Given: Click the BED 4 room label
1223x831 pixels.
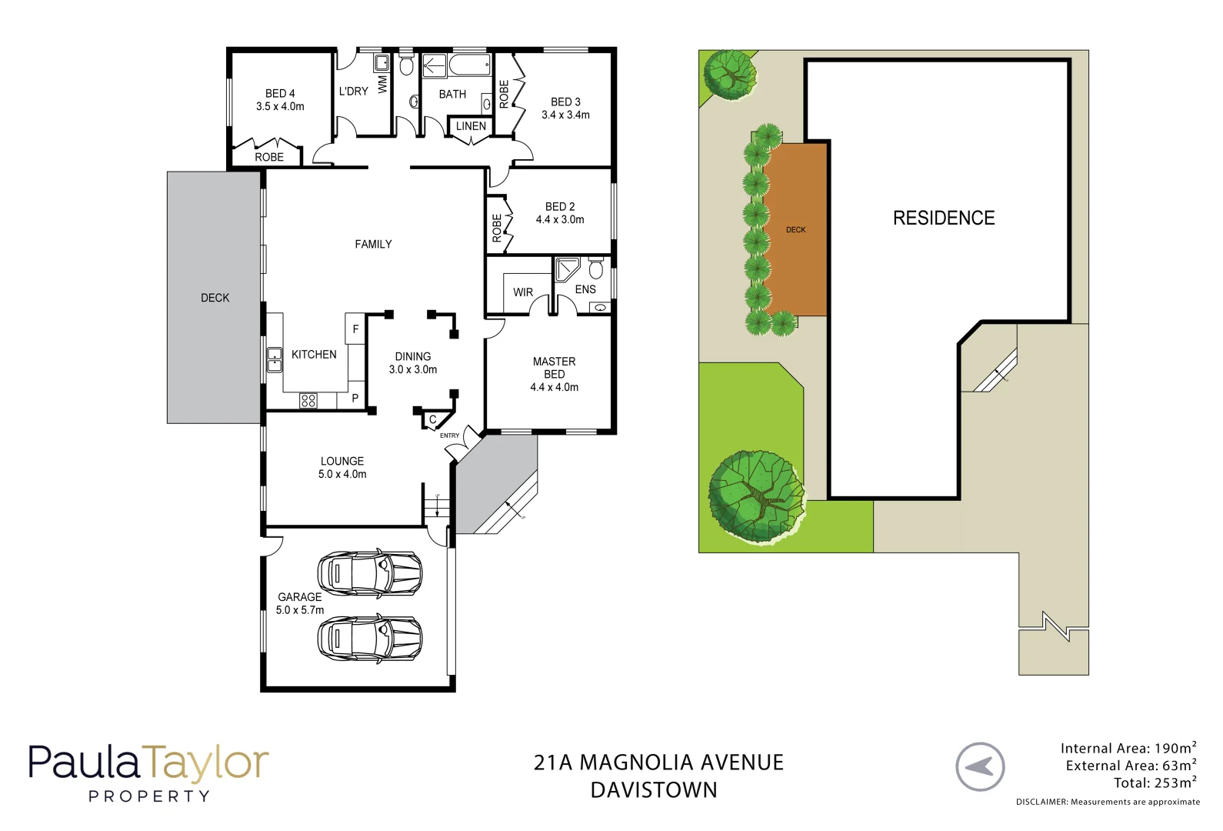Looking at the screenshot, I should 280,93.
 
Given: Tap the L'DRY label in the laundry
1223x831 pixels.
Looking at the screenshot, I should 353,91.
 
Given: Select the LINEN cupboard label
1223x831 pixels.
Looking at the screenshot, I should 471,126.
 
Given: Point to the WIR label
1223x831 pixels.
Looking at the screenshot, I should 523,292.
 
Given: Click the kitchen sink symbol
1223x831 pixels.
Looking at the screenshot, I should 274,360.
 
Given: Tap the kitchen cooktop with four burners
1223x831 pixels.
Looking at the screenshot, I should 308,400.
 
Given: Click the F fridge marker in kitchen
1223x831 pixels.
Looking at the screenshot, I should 355,329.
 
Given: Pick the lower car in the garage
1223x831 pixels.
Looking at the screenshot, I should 370,639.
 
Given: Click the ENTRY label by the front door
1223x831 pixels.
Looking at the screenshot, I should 449,436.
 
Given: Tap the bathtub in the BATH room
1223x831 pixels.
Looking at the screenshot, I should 470,64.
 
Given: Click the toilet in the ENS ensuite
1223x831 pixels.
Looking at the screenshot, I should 595,269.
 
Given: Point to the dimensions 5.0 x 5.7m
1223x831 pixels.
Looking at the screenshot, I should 300,610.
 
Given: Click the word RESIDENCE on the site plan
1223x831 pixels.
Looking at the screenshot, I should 944,218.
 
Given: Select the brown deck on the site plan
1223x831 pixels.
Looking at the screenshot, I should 796,229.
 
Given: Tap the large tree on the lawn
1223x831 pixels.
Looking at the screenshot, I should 756,496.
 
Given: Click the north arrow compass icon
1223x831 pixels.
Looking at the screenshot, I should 980,766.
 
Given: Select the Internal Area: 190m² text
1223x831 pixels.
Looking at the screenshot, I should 1128,748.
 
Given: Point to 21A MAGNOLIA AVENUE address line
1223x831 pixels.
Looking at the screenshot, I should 658,763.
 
